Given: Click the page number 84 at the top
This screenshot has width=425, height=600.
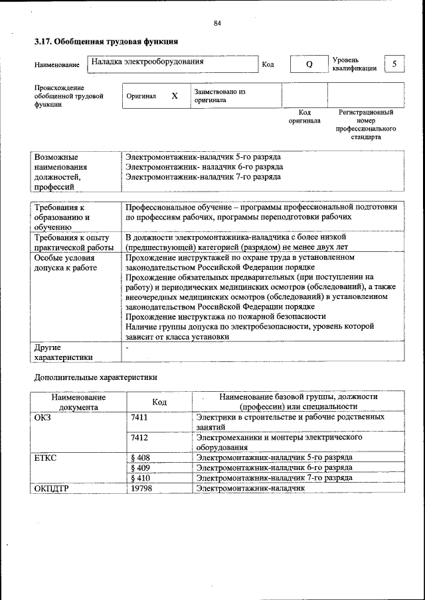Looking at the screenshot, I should pyautogui.click(x=216, y=23).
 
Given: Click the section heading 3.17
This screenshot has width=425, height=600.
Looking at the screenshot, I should pyautogui.click(x=106, y=42).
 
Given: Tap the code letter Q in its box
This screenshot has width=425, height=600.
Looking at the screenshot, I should pyautogui.click(x=309, y=64).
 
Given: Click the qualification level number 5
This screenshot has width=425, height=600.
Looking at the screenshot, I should pyautogui.click(x=394, y=64).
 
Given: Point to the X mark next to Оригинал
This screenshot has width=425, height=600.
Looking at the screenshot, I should pyautogui.click(x=175, y=95).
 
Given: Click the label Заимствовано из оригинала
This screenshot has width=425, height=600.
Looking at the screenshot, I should pyautogui.click(x=220, y=95).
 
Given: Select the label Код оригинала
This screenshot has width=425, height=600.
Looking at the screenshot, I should pyautogui.click(x=304, y=117).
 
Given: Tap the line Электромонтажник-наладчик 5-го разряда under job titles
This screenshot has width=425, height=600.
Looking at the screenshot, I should pyautogui.click(x=203, y=157).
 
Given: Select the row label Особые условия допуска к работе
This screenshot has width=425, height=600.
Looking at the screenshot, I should pyautogui.click(x=66, y=262).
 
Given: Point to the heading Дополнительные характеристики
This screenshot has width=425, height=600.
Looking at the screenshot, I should pyautogui.click(x=96, y=377).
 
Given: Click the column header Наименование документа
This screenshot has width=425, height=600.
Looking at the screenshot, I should pyautogui.click(x=78, y=401).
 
